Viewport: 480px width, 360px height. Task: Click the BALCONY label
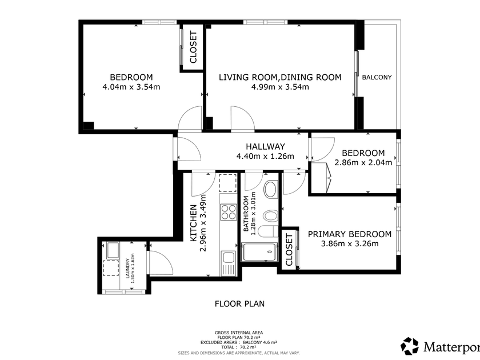(377, 77)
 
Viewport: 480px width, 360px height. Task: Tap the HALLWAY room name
(265, 146)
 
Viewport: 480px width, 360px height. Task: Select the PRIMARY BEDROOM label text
(349, 234)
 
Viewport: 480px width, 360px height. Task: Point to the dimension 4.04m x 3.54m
(131, 87)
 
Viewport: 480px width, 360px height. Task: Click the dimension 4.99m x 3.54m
(280, 87)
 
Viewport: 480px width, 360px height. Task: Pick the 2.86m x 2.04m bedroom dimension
(363, 162)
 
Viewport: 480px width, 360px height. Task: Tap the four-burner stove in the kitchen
(229, 212)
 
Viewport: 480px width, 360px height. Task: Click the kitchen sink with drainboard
(229, 263)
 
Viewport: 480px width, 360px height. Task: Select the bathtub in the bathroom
(259, 252)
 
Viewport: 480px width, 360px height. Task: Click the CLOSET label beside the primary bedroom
(289, 250)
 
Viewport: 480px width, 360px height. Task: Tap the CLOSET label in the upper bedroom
(193, 47)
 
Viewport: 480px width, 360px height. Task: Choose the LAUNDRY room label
(127, 268)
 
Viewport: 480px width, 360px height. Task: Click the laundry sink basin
(113, 250)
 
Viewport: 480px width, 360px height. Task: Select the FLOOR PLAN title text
(239, 303)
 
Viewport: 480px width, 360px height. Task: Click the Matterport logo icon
(410, 346)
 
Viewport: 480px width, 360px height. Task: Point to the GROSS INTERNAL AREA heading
(239, 333)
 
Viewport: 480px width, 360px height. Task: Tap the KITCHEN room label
(193, 223)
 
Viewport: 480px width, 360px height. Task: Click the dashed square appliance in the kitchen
(228, 183)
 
